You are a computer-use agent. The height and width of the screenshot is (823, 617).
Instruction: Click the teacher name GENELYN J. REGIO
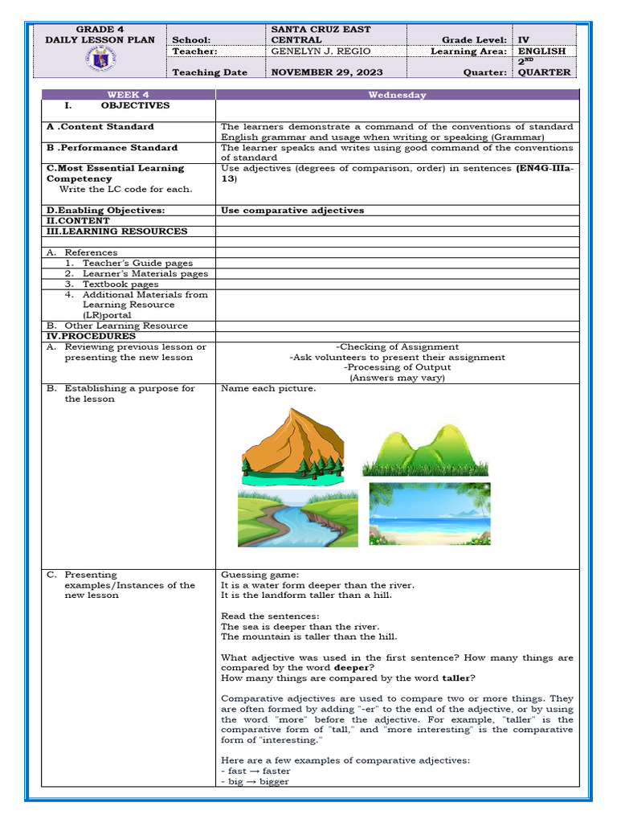tap(321, 51)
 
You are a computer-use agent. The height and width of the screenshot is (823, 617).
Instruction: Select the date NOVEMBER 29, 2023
tap(327, 72)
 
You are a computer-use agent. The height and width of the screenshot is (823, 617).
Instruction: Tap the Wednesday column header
tap(397, 95)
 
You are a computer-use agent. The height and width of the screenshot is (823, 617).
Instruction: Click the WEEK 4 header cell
tap(128, 95)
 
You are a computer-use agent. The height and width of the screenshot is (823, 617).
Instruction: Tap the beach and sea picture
tap(429, 514)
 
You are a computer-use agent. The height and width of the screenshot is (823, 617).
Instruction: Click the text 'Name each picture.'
tap(268, 389)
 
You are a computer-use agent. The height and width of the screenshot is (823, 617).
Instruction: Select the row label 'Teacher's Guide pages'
tap(137, 263)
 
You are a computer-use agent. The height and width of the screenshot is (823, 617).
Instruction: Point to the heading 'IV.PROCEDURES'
tap(80, 336)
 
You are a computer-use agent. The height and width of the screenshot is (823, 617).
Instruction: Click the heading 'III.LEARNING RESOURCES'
tap(116, 231)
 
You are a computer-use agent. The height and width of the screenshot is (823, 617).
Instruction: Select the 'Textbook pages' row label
tap(121, 284)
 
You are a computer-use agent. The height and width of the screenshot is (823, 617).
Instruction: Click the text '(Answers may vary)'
tap(397, 378)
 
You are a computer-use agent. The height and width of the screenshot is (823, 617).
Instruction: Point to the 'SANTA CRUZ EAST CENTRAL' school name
tap(321, 35)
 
